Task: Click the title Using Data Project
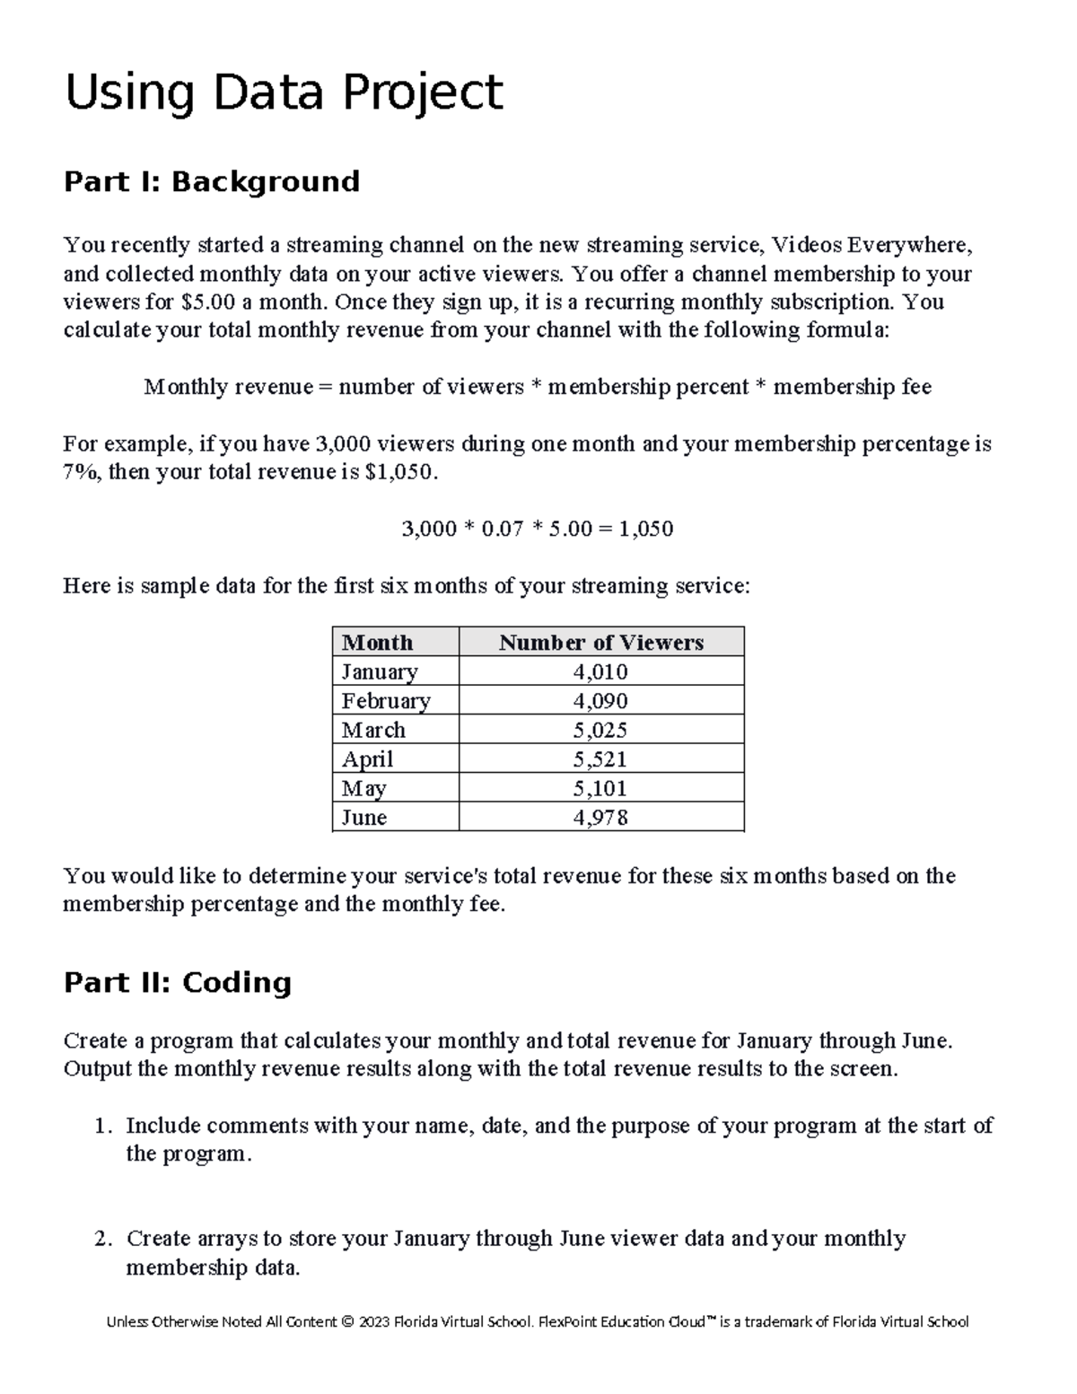284,93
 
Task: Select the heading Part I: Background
212,181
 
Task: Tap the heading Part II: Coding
178,982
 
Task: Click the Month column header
377,643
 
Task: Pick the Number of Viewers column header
600,643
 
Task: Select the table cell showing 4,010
600,671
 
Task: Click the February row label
386,701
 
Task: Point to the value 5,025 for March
600,730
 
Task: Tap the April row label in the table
367,759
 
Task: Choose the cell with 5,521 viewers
600,759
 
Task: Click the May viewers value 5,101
600,788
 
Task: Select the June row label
364,818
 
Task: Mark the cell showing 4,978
600,818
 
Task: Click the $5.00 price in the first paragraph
207,302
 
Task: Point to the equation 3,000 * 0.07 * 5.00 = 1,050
537,529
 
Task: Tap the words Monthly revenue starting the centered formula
228,387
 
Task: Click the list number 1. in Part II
104,1126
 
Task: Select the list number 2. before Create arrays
104,1239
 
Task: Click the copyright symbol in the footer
347,1321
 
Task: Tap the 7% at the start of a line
82,472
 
